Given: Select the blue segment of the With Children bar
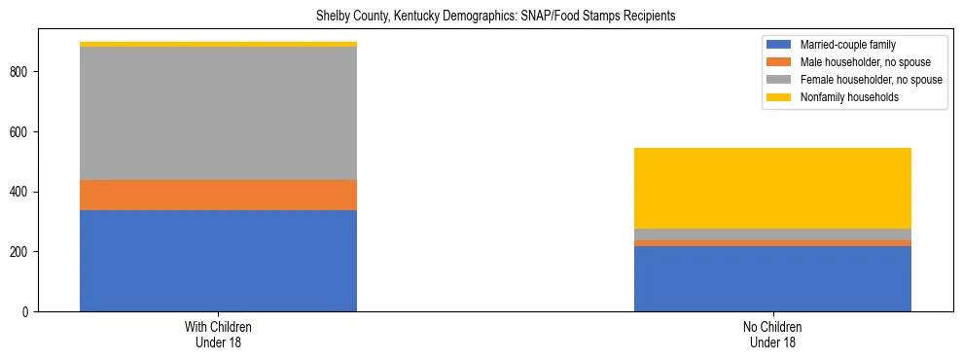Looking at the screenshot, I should click(218, 261).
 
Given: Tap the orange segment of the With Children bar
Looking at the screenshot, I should click(218, 195).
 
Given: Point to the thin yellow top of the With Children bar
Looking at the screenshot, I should click(218, 44).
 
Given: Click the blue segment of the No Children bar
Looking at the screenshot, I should click(772, 278).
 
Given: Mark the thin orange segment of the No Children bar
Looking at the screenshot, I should click(772, 242).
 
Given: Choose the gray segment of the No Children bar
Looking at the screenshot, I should click(772, 234).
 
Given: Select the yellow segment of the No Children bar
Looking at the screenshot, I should click(772, 188).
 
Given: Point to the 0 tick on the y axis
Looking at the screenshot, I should click(29, 312).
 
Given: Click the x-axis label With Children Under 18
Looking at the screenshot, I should click(218, 335).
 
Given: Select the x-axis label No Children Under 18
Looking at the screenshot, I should click(772, 335).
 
